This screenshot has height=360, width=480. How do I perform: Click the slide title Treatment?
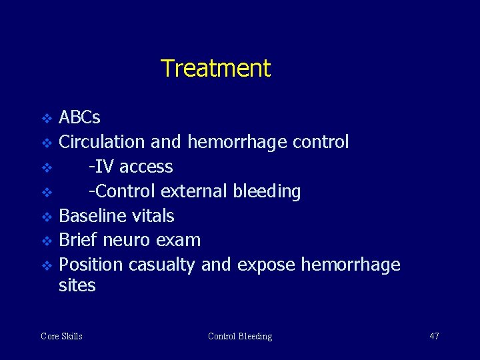(x=215, y=69)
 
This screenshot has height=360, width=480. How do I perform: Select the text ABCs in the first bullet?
(x=79, y=118)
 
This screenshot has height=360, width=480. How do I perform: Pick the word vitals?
(x=153, y=216)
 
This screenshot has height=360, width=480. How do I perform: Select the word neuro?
(x=129, y=240)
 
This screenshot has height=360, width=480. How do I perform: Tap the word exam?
(x=181, y=240)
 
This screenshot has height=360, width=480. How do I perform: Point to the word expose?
(x=265, y=265)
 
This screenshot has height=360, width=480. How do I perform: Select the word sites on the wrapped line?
(x=77, y=286)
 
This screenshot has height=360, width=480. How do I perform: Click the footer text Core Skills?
(x=61, y=336)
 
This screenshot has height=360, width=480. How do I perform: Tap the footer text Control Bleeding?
(x=240, y=336)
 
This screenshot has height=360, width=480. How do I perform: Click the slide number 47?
(x=434, y=336)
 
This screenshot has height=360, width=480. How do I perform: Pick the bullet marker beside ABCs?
(x=46, y=119)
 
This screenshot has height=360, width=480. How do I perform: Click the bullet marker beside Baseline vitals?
(x=46, y=217)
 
